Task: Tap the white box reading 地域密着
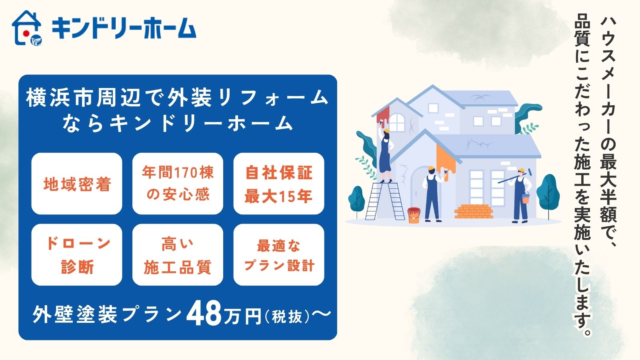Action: (x=77, y=184)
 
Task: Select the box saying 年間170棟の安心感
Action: (x=178, y=184)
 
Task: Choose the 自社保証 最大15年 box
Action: (x=278, y=184)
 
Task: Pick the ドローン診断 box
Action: (x=77, y=254)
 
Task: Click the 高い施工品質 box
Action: (x=178, y=254)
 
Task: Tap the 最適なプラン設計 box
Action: (x=278, y=254)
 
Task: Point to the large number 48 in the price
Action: (x=204, y=315)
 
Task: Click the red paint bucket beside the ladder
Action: (x=414, y=215)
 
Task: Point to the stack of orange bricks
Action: (x=474, y=211)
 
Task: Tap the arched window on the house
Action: (x=397, y=122)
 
